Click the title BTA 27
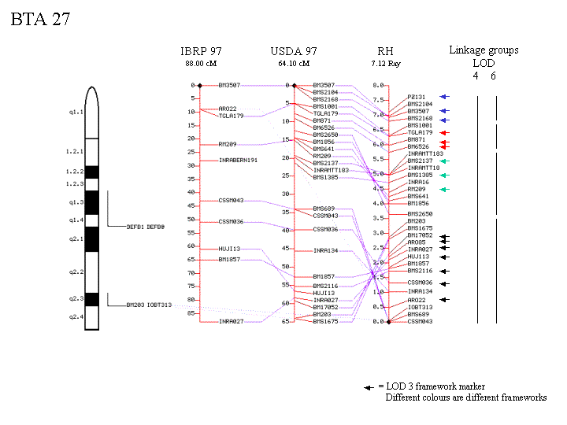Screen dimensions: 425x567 click(40, 20)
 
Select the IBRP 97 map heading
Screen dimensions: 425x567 click(201, 51)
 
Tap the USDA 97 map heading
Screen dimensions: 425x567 click(292, 51)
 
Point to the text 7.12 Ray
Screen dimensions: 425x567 click(385, 62)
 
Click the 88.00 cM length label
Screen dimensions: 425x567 click(201, 63)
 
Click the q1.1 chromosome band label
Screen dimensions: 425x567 click(76, 113)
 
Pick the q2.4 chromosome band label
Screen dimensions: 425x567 click(76, 317)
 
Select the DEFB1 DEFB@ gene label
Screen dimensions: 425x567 click(146, 227)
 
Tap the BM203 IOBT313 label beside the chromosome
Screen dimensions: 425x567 click(149, 305)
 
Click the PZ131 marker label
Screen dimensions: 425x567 click(417, 97)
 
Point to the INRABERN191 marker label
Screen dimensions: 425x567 click(238, 160)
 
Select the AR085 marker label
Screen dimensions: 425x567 click(417, 242)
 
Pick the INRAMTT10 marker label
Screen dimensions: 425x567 click(424, 168)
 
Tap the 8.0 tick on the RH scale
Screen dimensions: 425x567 click(377, 85)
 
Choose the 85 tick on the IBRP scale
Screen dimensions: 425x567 click(191, 312)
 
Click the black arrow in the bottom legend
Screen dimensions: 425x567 click(368, 387)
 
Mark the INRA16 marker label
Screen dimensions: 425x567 click(418, 182)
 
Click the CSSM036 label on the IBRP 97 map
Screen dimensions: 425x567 click(231, 221)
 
